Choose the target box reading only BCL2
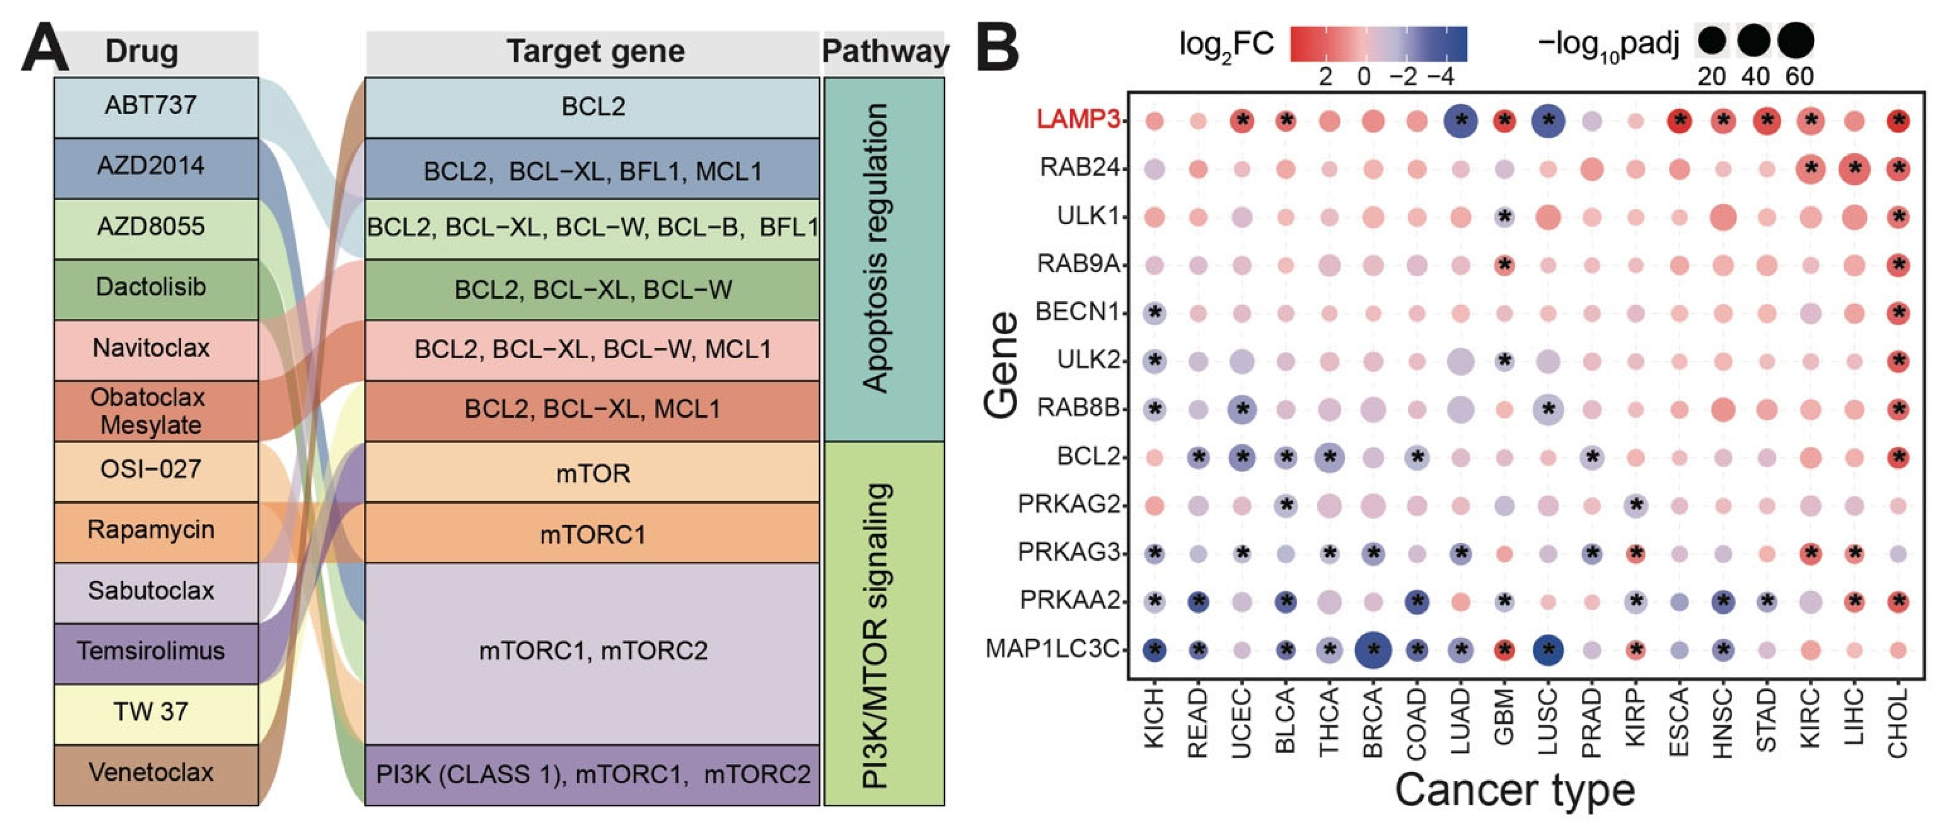[x=592, y=107]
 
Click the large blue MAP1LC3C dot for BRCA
[x=1373, y=650]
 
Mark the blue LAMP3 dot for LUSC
[x=1548, y=120]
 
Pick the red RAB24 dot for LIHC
[x=1854, y=169]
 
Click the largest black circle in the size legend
[x=1797, y=41]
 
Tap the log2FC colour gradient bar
[x=1378, y=44]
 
